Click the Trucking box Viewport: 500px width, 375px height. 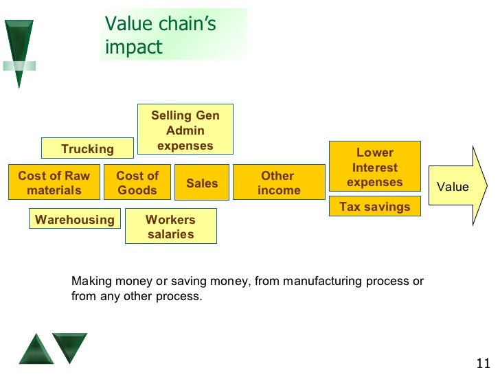point(87,148)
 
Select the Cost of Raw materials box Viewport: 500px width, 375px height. point(54,183)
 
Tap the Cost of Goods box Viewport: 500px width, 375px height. point(137,183)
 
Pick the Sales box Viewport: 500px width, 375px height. point(202,183)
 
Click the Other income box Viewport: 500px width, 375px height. point(278,183)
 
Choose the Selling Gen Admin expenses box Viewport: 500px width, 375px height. point(185,130)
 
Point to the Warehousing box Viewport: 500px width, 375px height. point(75,220)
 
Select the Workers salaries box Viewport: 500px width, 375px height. point(170,227)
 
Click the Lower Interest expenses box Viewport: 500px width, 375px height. point(374,167)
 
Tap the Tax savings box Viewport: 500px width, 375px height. point(374,207)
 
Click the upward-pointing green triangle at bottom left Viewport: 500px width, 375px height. point(36,350)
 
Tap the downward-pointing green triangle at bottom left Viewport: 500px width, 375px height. point(70,345)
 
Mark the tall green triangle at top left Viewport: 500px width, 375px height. point(19,52)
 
